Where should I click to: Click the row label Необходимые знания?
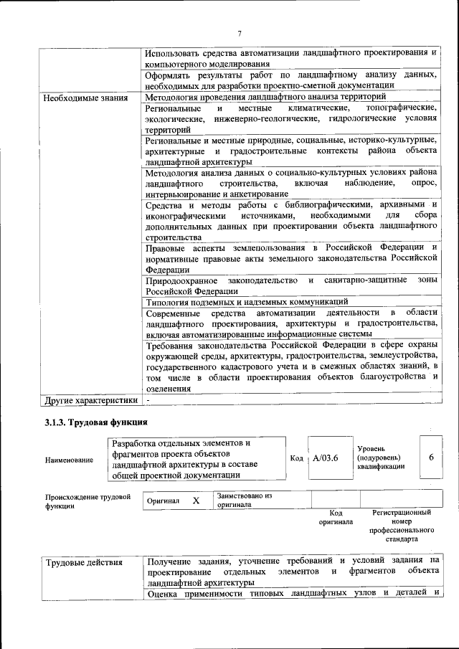[86, 98]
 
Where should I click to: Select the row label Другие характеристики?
[90, 399]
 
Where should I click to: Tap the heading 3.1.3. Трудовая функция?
[96, 422]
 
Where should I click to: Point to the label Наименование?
[69, 460]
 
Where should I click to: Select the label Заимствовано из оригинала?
[244, 500]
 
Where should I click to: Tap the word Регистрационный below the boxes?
[402, 513]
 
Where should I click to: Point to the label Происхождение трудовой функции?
[87, 501]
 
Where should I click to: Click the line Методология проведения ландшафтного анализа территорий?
[265, 97]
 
